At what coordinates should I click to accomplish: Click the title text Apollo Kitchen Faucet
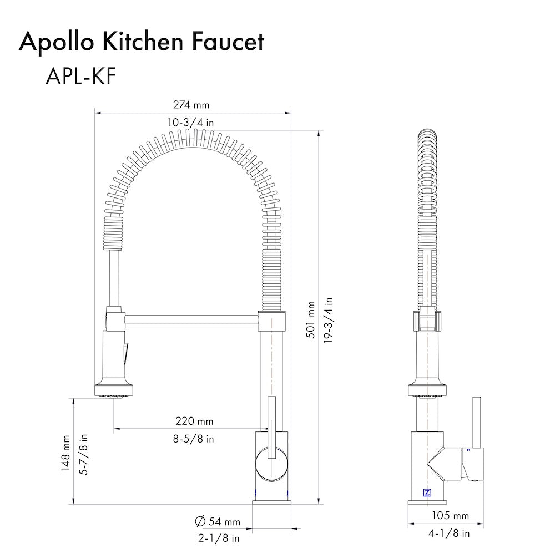pos(142,42)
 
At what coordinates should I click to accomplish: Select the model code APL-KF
pos(80,77)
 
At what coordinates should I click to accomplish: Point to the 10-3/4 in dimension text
pos(191,123)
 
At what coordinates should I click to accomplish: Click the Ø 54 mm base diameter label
pos(218,521)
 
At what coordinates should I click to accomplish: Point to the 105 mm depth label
pos(450,516)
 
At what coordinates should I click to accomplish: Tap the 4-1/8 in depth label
pos(450,533)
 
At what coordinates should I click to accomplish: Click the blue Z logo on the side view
pos(427,492)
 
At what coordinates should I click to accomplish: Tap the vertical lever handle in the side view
pos(476,421)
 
